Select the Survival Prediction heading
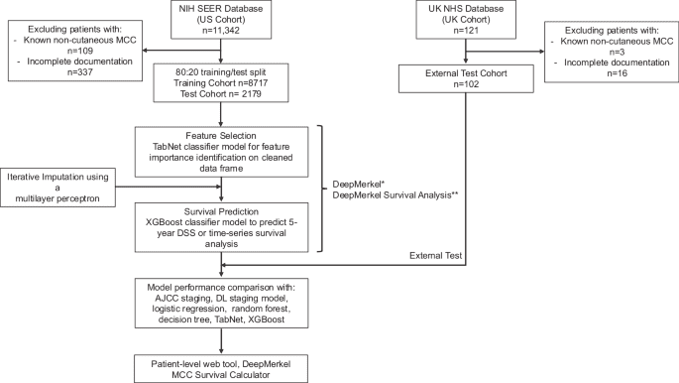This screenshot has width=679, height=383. click(x=228, y=210)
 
